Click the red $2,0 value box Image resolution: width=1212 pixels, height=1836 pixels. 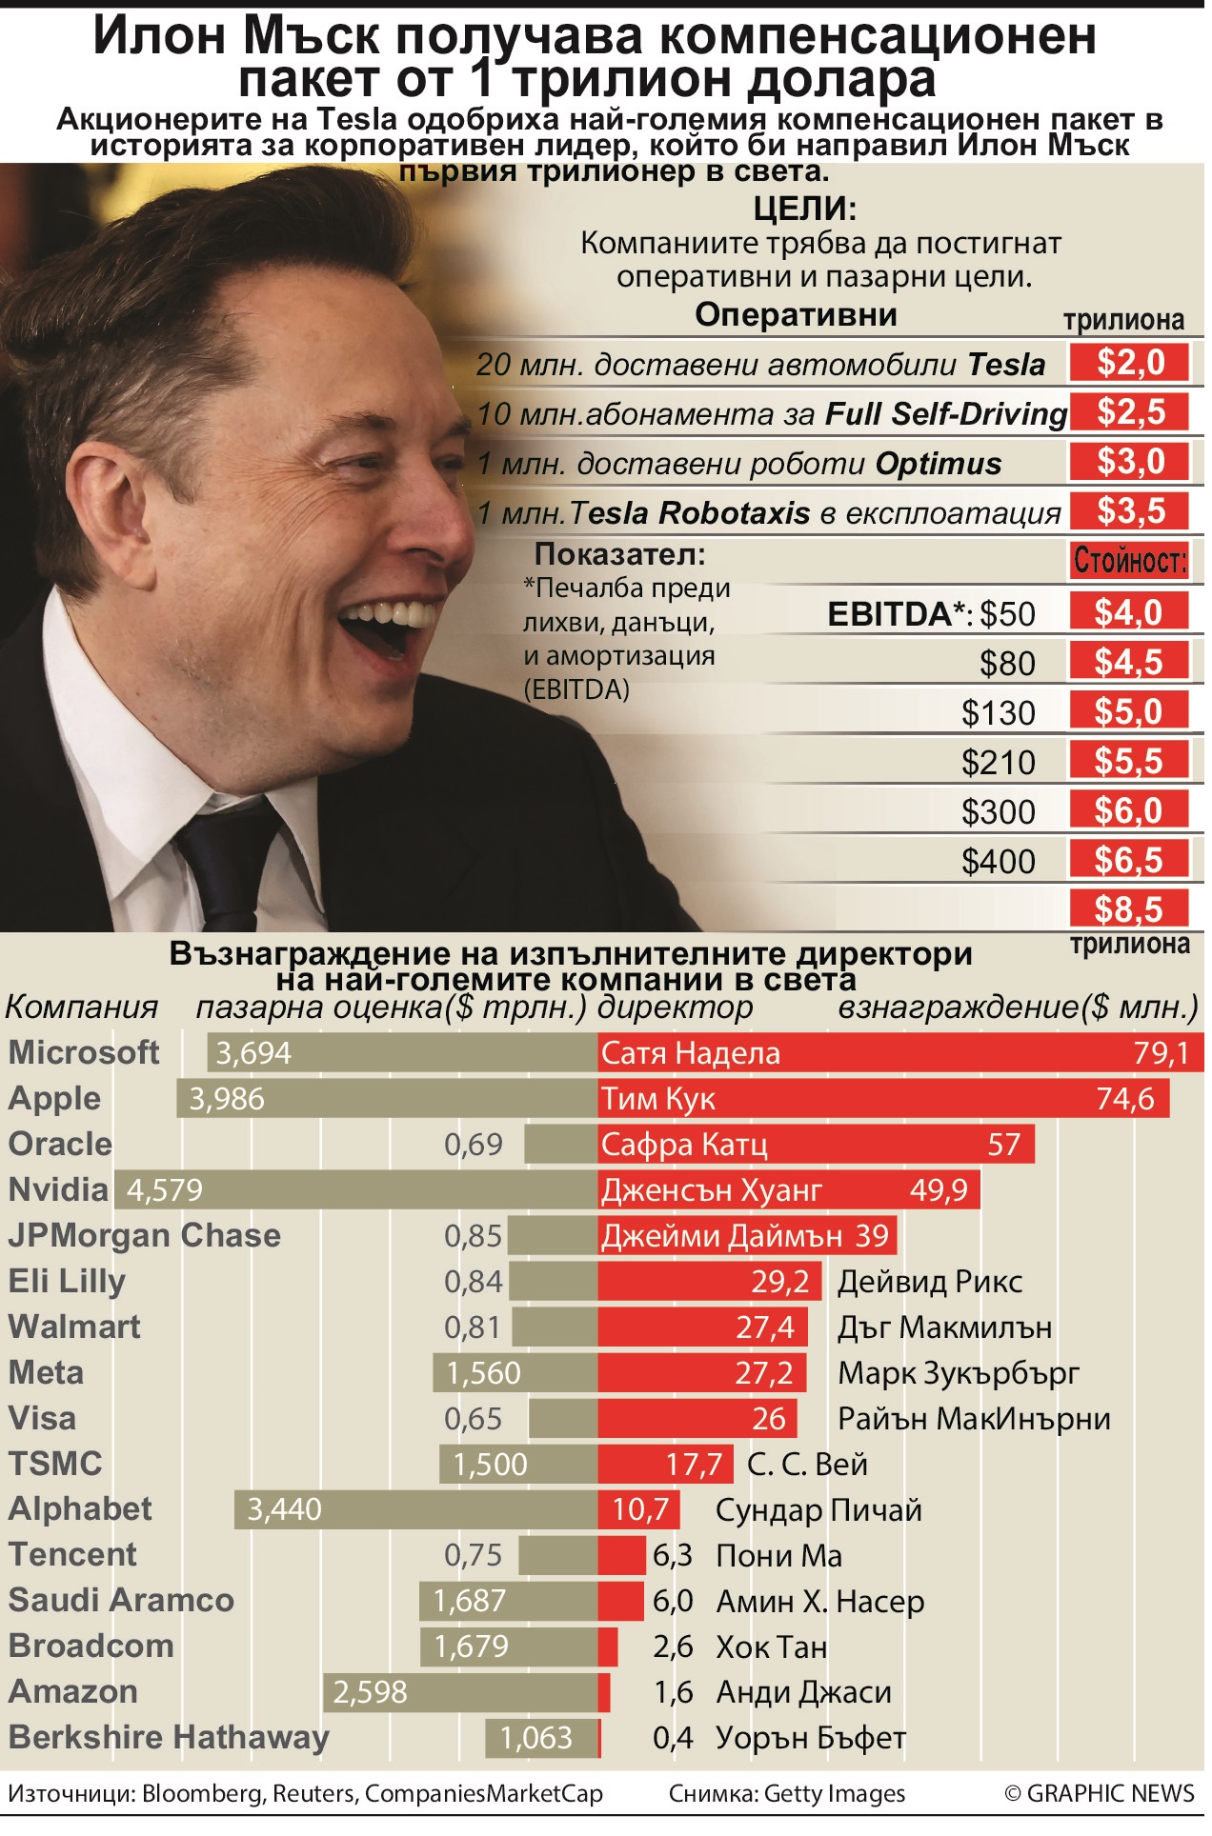tap(1129, 363)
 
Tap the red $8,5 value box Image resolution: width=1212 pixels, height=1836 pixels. tap(1129, 909)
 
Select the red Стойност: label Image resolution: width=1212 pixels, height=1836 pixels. tap(1129, 560)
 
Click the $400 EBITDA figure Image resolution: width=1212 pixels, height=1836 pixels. tap(998, 862)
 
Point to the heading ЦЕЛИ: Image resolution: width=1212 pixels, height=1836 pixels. tap(805, 209)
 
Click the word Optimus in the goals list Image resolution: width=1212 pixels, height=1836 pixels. tap(939, 464)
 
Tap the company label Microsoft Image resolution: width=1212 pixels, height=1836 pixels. tap(84, 1052)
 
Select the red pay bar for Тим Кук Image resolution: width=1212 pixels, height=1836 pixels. tap(882, 1099)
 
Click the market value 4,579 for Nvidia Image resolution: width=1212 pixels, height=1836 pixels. tap(165, 1189)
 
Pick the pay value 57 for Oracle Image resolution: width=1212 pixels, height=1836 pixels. tap(1003, 1145)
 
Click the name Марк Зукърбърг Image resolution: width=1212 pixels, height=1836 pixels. tap(959, 1373)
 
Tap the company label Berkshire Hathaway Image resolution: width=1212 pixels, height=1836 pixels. tap(169, 1738)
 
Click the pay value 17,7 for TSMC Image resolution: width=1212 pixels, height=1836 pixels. tap(694, 1465)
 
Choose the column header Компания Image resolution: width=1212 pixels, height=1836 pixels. tap(82, 1008)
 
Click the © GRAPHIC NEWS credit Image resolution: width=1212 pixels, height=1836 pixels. tap(1099, 1794)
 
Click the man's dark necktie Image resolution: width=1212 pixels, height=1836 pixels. tap(229, 857)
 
